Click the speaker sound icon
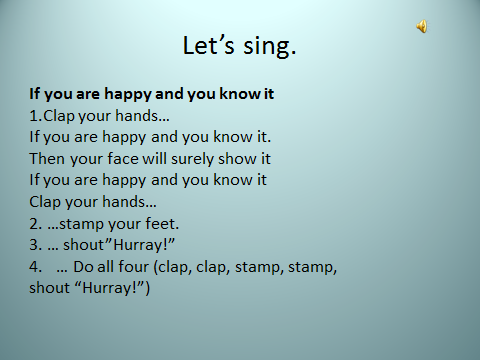422,26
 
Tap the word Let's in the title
209,45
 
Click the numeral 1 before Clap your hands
34,116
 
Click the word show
237,158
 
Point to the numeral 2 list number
34,224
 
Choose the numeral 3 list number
34,245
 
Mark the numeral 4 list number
34,267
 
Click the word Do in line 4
83,267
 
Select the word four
133,267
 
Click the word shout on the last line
50,288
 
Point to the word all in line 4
105,267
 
